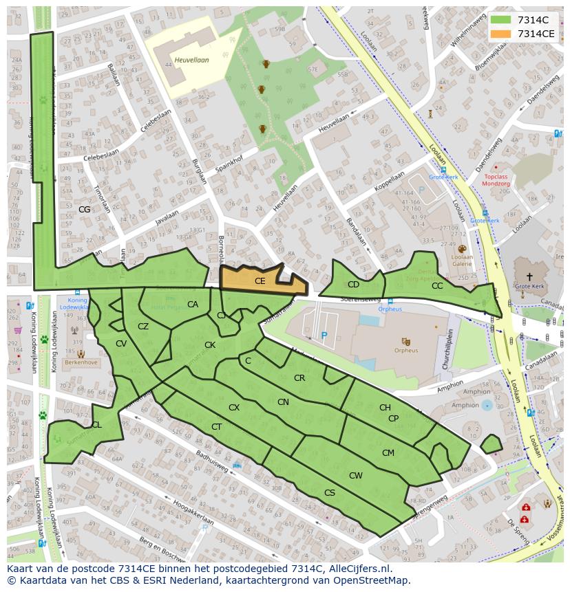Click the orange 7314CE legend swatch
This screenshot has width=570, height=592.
(x=501, y=34)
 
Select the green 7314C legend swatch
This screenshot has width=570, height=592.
(x=501, y=20)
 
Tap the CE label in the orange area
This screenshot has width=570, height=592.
(x=260, y=281)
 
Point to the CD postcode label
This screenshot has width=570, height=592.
(x=353, y=285)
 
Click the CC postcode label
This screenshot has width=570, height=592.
(x=437, y=286)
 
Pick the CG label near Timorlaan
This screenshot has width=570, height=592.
(x=85, y=209)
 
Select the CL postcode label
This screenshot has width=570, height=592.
(x=96, y=425)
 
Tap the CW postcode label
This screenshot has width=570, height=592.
(x=355, y=476)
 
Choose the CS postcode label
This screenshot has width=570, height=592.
(x=330, y=493)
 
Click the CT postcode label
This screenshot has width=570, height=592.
(x=217, y=427)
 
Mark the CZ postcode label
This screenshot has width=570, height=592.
(x=143, y=327)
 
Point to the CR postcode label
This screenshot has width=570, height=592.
(x=299, y=378)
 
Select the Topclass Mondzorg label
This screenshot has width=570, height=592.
(x=495, y=181)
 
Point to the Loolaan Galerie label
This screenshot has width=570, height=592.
(x=462, y=260)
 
